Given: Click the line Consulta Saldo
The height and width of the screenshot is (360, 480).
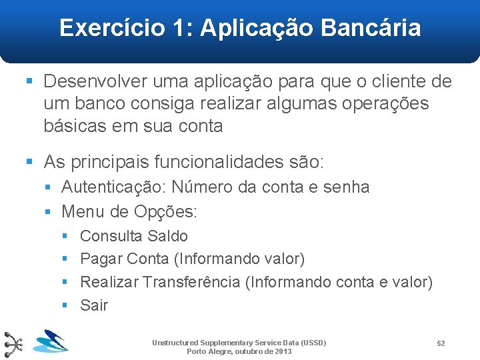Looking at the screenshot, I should pyautogui.click(x=133, y=236).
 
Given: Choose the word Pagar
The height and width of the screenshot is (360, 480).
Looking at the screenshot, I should pyautogui.click(x=101, y=259).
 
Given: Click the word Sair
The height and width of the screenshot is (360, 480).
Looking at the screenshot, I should pyautogui.click(x=94, y=305).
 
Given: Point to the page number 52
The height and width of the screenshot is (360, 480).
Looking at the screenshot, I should pyautogui.click(x=441, y=343).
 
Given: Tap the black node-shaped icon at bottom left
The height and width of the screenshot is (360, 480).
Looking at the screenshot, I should pyautogui.click(x=14, y=344).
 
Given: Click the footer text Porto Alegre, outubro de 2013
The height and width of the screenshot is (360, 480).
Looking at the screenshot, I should pyautogui.click(x=239, y=351).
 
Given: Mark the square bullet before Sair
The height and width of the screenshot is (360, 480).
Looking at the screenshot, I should pyautogui.click(x=65, y=305).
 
